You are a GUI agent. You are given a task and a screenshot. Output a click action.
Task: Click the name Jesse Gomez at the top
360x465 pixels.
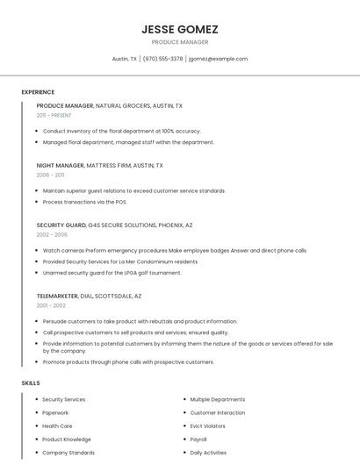click(x=180, y=29)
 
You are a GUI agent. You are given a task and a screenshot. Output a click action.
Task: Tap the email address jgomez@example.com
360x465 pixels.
click(x=218, y=59)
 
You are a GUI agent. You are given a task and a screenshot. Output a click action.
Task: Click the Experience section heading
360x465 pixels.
click(x=38, y=92)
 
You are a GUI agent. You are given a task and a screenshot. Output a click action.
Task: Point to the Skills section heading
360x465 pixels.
click(x=30, y=383)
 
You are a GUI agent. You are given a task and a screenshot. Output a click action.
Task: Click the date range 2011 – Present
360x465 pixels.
click(x=54, y=115)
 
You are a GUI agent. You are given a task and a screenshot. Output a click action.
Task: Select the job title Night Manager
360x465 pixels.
click(x=61, y=165)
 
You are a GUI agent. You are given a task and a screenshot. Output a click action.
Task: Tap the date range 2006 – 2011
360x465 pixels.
click(x=50, y=175)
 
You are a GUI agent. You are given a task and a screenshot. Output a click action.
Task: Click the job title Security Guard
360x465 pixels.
click(x=61, y=225)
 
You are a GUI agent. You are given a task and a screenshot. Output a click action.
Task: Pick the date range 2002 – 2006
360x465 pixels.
click(x=52, y=234)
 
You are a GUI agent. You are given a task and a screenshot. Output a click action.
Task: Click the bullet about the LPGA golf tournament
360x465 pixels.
click(x=112, y=273)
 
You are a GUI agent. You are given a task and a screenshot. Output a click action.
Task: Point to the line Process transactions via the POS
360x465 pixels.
click(x=85, y=202)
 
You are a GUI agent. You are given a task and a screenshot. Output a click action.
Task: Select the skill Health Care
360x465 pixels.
click(x=57, y=426)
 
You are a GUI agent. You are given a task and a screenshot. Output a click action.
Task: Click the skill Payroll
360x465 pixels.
click(x=198, y=440)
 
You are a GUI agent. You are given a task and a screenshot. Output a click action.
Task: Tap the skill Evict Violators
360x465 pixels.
click(x=207, y=426)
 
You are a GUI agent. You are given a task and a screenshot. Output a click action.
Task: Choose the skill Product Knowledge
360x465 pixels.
click(x=67, y=440)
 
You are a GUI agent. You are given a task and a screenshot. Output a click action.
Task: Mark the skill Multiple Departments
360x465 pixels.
click(x=218, y=399)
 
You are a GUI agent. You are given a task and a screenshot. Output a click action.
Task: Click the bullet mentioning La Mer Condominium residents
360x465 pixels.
click(x=120, y=261)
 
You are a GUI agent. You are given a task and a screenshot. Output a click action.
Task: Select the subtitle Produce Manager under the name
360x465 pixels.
click(x=180, y=42)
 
